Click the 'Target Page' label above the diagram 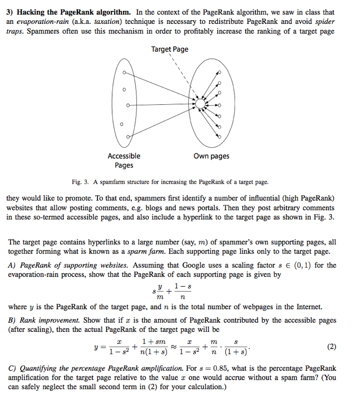pyautogui.click(x=170, y=49)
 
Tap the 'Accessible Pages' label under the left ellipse pyautogui.click(x=123, y=160)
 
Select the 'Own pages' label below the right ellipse pyautogui.click(x=211, y=156)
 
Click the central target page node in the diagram pyautogui.click(x=199, y=104)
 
